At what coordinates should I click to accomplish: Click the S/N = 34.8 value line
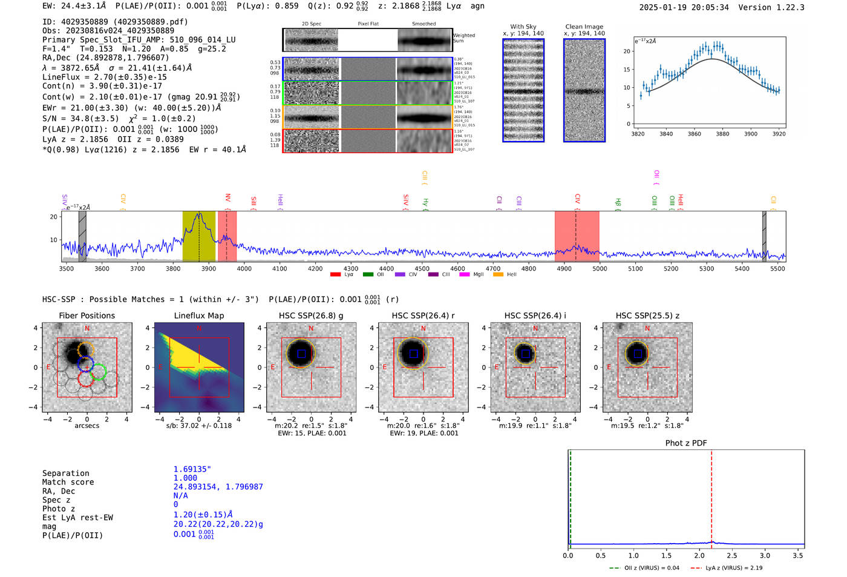[119, 119]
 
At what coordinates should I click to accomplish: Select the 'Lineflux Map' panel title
[198, 315]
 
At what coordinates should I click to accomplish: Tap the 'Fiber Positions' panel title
[87, 315]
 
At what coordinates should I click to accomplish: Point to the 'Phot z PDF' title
[686, 443]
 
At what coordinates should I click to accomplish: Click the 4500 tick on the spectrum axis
[422, 268]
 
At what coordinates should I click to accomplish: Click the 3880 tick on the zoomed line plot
[722, 134]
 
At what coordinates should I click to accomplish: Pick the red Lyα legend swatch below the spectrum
[335, 275]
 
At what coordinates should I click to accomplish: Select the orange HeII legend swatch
[498, 275]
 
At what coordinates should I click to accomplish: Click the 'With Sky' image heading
[523, 27]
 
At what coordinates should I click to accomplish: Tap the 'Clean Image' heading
[584, 27]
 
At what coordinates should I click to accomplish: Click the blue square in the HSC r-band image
[414, 354]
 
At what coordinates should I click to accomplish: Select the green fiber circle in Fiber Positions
[99, 372]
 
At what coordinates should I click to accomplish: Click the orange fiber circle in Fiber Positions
[86, 350]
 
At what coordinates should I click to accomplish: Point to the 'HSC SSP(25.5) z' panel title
[647, 315]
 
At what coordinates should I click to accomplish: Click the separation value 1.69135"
[192, 469]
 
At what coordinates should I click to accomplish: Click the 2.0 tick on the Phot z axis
[699, 555]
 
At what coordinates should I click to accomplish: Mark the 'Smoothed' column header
[423, 24]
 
